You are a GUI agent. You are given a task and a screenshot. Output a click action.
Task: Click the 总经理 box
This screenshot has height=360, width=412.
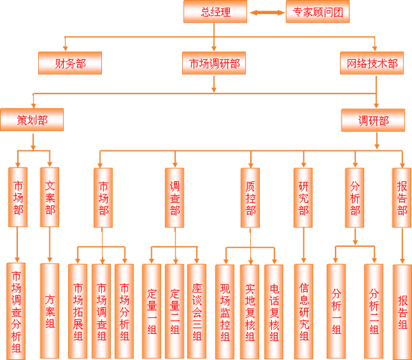pos(215,11)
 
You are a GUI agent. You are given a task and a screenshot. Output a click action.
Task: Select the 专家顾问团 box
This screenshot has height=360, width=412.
pos(318,11)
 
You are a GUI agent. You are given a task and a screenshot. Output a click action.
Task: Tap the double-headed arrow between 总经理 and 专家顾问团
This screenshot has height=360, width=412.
pos(267,13)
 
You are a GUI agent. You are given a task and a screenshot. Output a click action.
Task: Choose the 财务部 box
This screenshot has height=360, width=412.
pos(70,63)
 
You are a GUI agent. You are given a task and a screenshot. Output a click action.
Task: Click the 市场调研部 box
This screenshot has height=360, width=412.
pos(214,63)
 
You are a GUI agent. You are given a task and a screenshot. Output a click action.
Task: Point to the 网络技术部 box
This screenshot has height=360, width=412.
pos(372,63)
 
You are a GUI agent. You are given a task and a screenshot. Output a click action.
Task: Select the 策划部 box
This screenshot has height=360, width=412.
pos(31,120)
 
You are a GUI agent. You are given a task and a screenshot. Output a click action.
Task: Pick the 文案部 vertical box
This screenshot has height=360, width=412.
pos(49,197)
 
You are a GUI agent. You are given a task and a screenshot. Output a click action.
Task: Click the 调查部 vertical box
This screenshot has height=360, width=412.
pos(175,198)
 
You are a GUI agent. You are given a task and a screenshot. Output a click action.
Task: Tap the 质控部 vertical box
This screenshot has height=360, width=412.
pos(250,198)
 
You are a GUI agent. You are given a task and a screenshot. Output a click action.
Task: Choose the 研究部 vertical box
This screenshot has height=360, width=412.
pos(303,198)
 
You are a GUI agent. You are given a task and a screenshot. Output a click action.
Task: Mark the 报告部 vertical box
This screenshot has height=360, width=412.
pos(402,198)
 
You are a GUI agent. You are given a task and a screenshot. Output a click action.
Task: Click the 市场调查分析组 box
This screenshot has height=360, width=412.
pos(16,311)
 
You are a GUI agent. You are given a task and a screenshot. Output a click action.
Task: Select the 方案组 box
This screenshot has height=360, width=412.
pos(49,311)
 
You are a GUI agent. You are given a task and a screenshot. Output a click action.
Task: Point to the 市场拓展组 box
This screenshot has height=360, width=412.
pos(78,311)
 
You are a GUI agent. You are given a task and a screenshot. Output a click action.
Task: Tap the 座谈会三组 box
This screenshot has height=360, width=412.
pos(197,311)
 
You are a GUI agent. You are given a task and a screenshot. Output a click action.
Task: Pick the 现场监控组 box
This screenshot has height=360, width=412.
pos(225,311)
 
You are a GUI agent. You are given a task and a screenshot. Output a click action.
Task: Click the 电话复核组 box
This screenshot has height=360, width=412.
pos(273,311)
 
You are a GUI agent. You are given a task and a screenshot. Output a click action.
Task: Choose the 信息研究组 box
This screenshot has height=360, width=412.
pos(303,311)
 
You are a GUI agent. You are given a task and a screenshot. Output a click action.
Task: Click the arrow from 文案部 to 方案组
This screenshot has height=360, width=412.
pos(49,245)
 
